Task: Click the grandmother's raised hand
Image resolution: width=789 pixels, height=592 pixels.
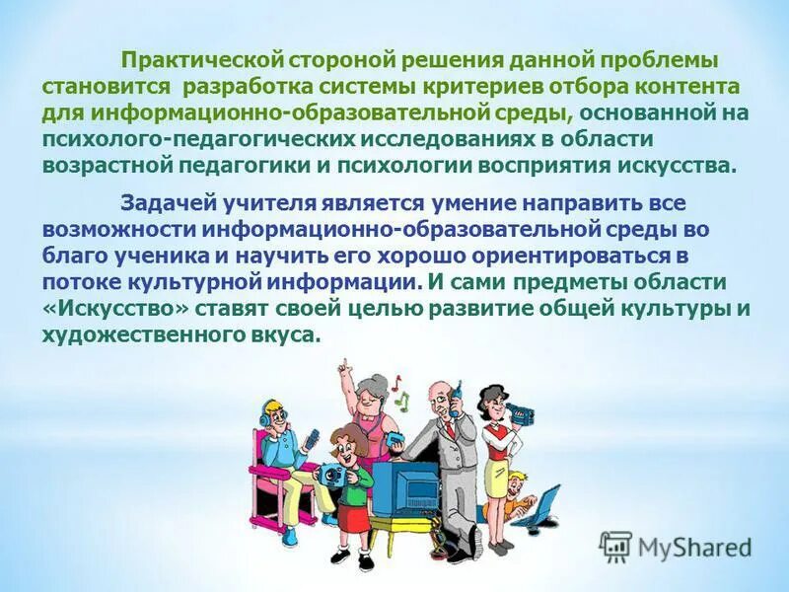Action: (342, 367)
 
